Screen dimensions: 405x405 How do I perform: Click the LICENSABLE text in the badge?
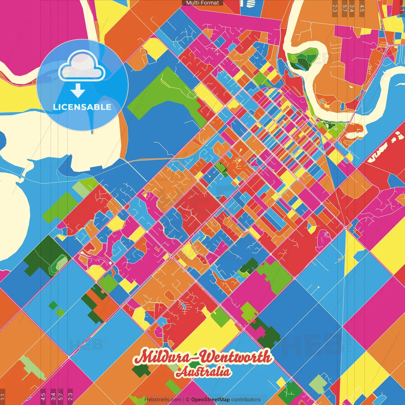click(82, 107)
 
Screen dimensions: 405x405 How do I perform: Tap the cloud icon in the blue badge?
click(82, 67)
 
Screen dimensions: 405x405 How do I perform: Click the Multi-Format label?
click(202, 3)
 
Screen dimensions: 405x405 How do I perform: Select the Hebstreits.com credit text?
click(163, 400)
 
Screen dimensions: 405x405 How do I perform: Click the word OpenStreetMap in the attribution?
click(210, 400)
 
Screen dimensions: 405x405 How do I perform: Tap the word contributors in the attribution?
click(246, 400)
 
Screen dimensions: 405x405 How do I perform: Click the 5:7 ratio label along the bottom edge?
click(61, 396)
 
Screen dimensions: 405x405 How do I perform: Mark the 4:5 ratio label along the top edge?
click(362, 8)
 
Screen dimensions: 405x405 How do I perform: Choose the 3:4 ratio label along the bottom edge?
click(53, 396)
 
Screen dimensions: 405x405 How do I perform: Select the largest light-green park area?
click(168, 95)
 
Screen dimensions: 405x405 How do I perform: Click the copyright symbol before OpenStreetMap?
click(188, 400)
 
